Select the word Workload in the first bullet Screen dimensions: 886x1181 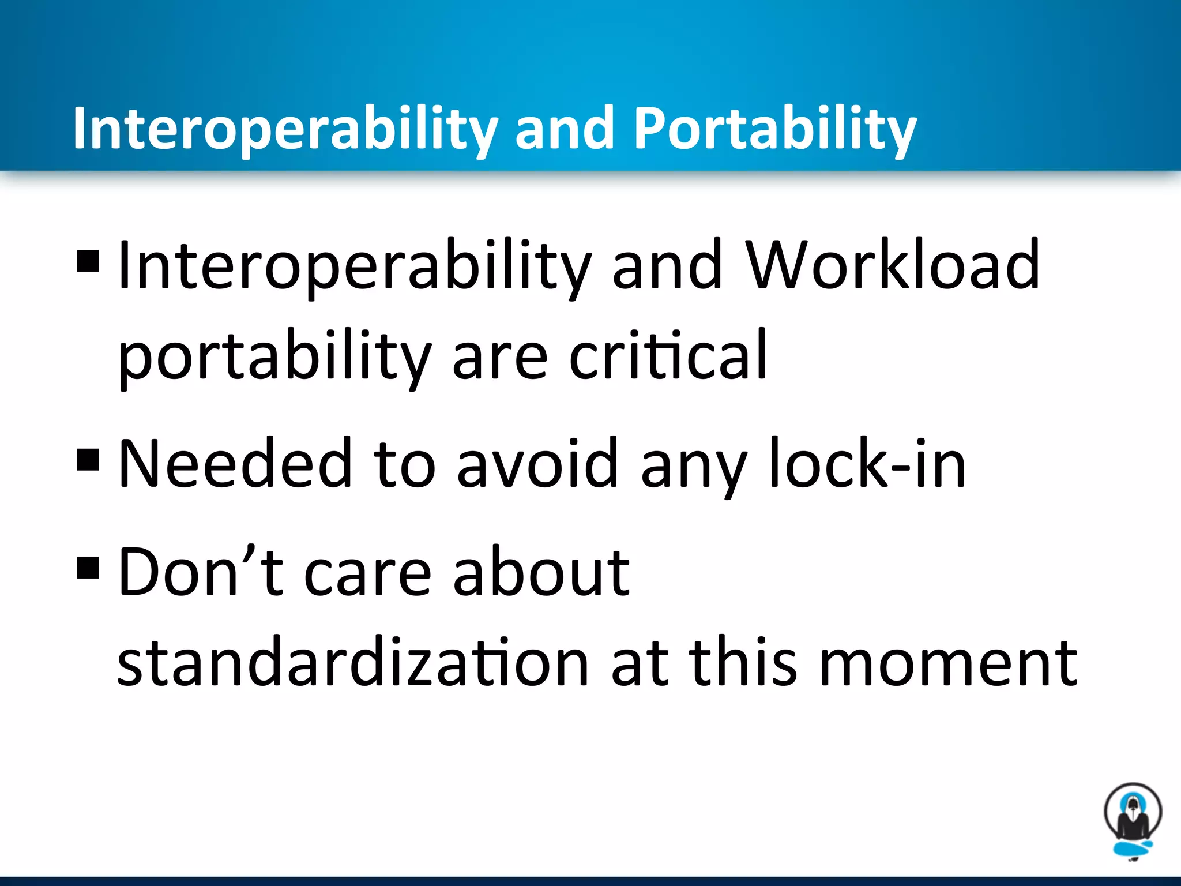tap(893, 265)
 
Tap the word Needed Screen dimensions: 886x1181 tap(235, 463)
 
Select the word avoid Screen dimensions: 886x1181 tap(537, 463)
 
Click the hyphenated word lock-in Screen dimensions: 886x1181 tap(867, 463)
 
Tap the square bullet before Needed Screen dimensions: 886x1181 tap(88, 460)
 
